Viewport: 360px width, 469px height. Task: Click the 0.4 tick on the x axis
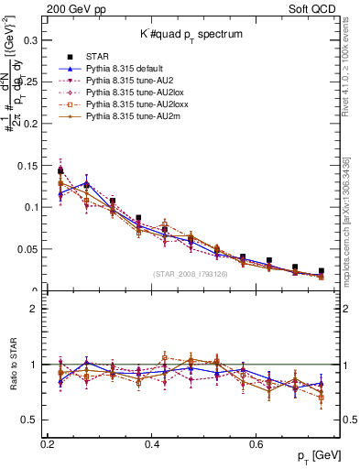click(153, 443)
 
